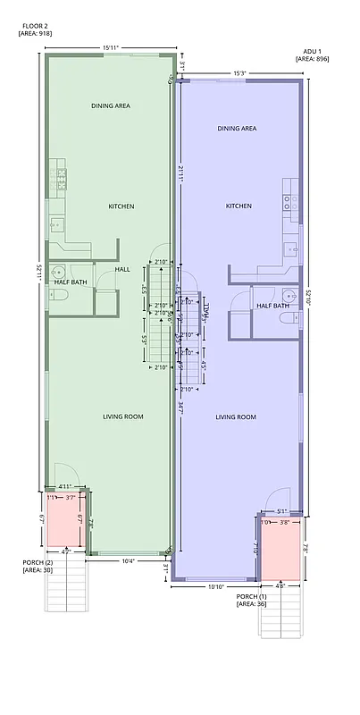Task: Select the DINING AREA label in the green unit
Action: click(x=111, y=105)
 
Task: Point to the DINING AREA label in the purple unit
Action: click(x=237, y=129)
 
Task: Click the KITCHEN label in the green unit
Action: click(x=121, y=206)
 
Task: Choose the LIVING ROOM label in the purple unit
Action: click(x=237, y=417)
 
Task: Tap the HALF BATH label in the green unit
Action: click(x=71, y=282)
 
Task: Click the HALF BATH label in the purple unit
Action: click(x=272, y=306)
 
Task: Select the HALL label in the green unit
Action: click(x=123, y=268)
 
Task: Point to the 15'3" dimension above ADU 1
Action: click(x=239, y=73)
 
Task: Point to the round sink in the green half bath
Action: click(x=58, y=273)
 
